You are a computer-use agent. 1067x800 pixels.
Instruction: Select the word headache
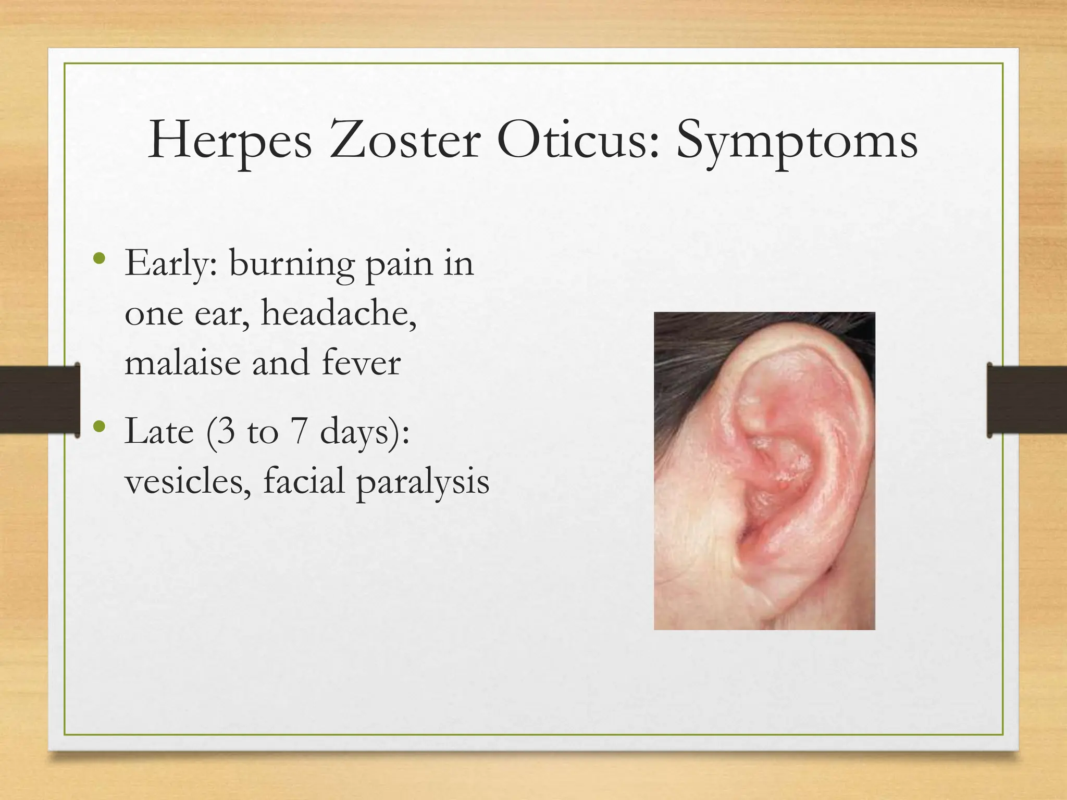pyautogui.click(x=339, y=314)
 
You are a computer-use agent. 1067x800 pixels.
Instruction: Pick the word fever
pyautogui.click(x=361, y=362)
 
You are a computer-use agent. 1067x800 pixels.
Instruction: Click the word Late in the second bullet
pyautogui.click(x=159, y=431)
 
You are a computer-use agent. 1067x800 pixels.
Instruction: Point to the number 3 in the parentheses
pyautogui.click(x=225, y=431)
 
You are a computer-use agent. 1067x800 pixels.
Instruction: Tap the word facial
pyautogui.click(x=304, y=480)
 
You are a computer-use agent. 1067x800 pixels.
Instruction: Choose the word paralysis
pyautogui.click(x=423, y=480)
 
